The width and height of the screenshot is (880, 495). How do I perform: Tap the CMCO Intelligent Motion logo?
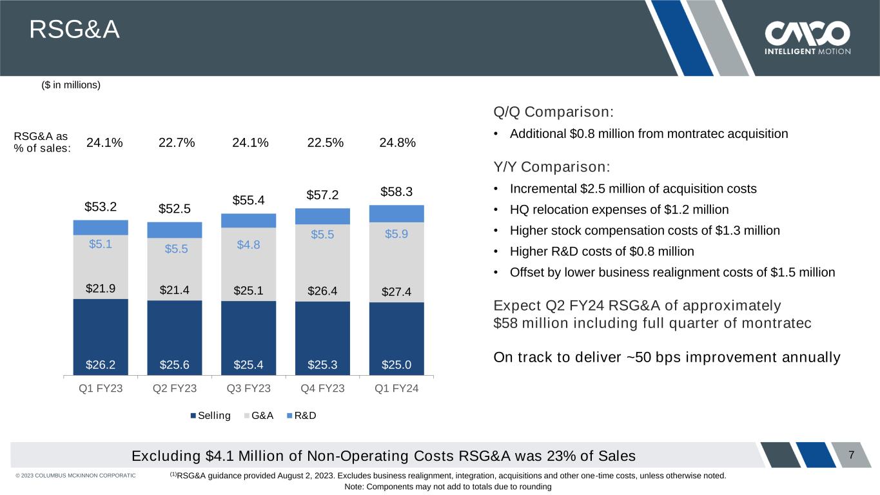coord(807,38)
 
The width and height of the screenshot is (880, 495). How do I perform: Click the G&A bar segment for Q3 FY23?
coord(248,264)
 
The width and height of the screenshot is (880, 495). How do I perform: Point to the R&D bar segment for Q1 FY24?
coord(396,213)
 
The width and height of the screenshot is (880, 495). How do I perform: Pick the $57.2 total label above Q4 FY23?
coord(322,195)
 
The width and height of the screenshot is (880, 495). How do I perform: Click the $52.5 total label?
coord(175,209)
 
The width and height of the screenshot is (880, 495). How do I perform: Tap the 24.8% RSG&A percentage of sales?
coord(397,143)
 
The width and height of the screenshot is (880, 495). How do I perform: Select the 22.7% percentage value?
coord(176,143)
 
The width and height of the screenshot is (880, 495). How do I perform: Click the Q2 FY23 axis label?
coord(175,389)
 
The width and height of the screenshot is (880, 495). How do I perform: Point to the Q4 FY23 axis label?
coord(322,389)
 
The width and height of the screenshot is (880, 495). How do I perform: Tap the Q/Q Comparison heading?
coord(552,112)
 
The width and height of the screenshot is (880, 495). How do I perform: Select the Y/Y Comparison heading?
coord(551,166)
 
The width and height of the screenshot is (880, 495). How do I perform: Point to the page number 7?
coord(852,455)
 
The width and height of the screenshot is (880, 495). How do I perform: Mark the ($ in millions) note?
coord(71,85)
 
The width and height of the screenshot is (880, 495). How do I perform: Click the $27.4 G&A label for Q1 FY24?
coord(396,292)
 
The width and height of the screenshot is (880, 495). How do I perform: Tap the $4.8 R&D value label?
coord(248,244)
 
